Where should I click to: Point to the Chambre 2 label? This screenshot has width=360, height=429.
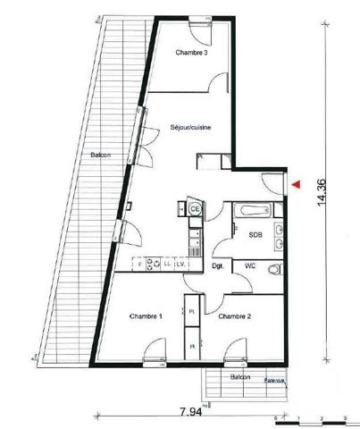click(234, 316)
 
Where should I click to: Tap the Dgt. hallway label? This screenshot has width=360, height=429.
click(216, 265)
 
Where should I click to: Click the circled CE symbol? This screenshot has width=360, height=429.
click(195, 209)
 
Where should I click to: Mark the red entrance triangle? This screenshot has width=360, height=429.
click(294, 185)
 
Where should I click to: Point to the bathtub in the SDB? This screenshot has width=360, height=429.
click(254, 212)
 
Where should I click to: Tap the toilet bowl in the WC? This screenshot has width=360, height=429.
click(275, 267)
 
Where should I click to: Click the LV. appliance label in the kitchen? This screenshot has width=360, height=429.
click(179, 264)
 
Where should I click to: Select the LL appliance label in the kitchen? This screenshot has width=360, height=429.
click(166, 264)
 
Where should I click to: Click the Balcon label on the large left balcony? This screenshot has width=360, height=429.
click(100, 156)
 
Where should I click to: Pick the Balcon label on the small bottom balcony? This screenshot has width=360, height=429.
click(239, 378)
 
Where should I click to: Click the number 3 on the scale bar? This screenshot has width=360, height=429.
click(345, 417)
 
